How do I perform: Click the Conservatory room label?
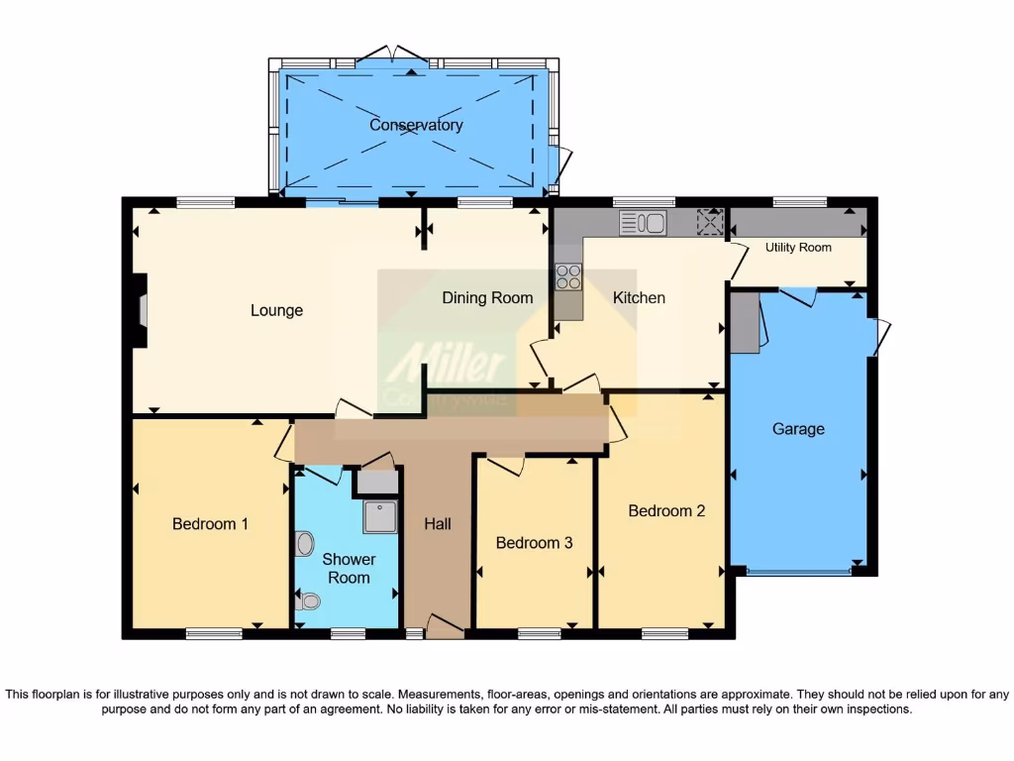pos(416,125)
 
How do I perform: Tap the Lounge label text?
pos(276,310)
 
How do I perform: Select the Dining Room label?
pos(487,297)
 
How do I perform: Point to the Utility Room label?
pos(798,247)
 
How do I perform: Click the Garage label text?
pos(798,429)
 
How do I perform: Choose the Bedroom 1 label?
pos(210,523)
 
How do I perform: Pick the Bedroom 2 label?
pos(666,510)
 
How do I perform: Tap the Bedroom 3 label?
pos(534,542)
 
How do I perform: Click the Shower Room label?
pos(349,569)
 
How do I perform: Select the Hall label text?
pos(438,523)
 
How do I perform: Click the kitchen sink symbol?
pos(644,223)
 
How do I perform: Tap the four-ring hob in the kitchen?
pos(568,275)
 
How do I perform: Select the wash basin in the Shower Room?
pos(304,543)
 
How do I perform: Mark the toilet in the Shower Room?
pos(310,600)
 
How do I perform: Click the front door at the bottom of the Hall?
pos(445,624)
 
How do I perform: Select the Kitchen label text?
pos(639,297)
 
